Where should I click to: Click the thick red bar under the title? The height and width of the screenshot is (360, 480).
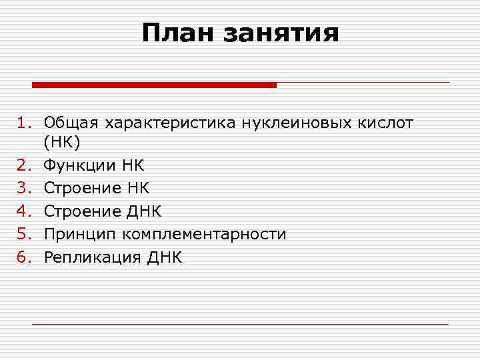tap(154, 85)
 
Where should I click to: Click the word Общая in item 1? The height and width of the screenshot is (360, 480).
tap(71, 123)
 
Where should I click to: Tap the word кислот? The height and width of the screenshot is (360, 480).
tap(385, 123)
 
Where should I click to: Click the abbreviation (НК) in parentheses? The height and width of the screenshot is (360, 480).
tap(61, 143)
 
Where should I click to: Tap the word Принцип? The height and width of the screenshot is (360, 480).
tap(77, 235)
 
